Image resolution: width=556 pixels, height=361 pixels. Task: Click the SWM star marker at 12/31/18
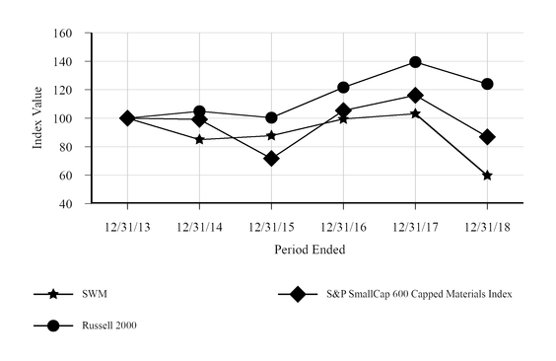point(487,175)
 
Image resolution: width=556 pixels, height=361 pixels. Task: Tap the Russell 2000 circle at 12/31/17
point(415,62)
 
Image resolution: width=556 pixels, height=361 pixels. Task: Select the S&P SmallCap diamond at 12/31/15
point(271,158)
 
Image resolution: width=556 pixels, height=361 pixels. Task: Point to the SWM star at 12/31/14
point(199,139)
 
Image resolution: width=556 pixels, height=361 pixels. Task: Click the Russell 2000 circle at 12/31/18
point(487,84)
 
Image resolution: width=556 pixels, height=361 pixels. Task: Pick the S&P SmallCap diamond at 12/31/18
point(487,137)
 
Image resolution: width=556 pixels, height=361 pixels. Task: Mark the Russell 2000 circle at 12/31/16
point(343,88)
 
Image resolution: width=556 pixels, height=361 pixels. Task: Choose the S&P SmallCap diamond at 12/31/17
point(415,96)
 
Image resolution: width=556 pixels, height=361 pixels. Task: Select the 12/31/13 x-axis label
point(127,227)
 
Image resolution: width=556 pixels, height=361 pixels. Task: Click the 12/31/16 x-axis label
point(343,227)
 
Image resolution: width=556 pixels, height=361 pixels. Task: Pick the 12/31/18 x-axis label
point(487,227)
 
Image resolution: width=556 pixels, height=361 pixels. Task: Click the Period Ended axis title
point(309,251)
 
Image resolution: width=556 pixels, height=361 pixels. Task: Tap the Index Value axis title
point(38,118)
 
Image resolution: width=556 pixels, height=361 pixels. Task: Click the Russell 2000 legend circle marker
point(54,325)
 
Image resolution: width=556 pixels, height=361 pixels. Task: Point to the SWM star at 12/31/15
point(271,135)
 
